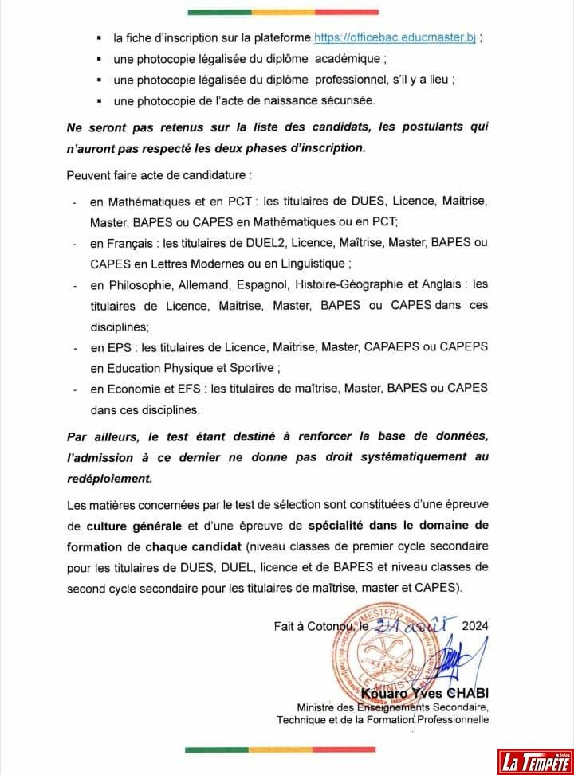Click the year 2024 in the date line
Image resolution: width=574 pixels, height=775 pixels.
coord(474,625)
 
